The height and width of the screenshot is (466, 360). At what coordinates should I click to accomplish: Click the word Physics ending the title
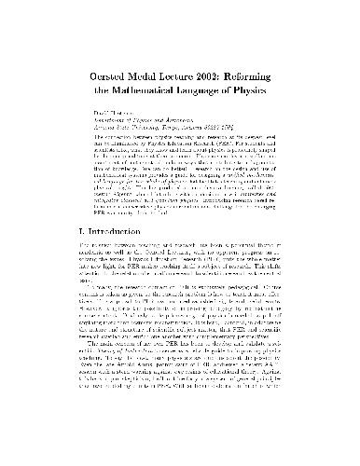(283, 69)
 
